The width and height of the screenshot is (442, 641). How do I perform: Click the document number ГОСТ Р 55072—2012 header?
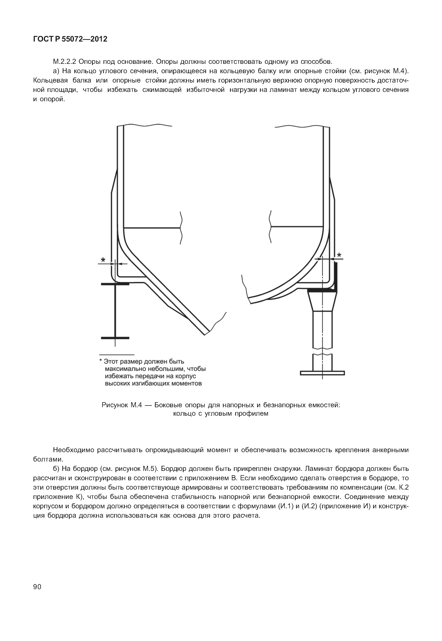[70, 39]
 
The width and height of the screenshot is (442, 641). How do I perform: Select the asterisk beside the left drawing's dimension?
[103, 260]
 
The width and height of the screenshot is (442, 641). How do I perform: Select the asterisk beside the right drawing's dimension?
[339, 255]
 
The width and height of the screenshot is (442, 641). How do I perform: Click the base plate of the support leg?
[322, 373]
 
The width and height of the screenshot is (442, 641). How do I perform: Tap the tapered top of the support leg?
[322, 301]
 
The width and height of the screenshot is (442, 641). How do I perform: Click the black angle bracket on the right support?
[335, 277]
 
